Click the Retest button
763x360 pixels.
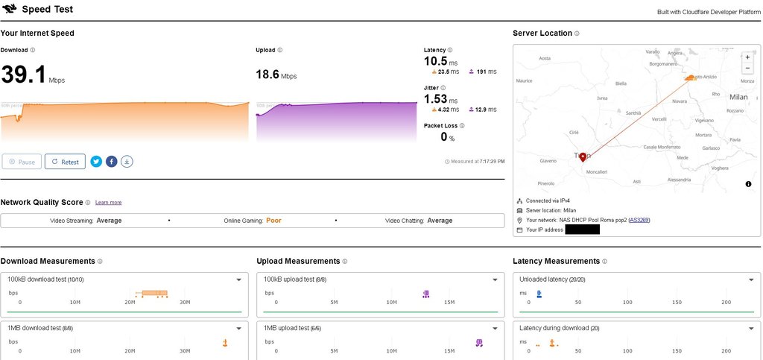point(65,162)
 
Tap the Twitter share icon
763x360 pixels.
point(96,161)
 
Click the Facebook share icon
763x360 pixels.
point(111,161)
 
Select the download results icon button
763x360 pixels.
point(127,161)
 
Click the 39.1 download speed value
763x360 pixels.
point(24,75)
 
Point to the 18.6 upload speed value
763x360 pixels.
point(267,74)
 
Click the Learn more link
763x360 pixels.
point(108,203)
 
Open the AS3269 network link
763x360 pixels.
point(639,221)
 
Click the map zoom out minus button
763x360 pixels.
point(747,68)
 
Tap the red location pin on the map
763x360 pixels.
point(583,157)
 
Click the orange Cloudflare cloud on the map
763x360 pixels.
point(691,78)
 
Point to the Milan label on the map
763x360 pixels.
point(738,97)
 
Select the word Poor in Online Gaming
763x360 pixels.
point(274,221)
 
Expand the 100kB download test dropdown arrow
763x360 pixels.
point(238,280)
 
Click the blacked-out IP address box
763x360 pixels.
point(582,230)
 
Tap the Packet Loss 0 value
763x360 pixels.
point(443,136)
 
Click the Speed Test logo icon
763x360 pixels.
point(10,10)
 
